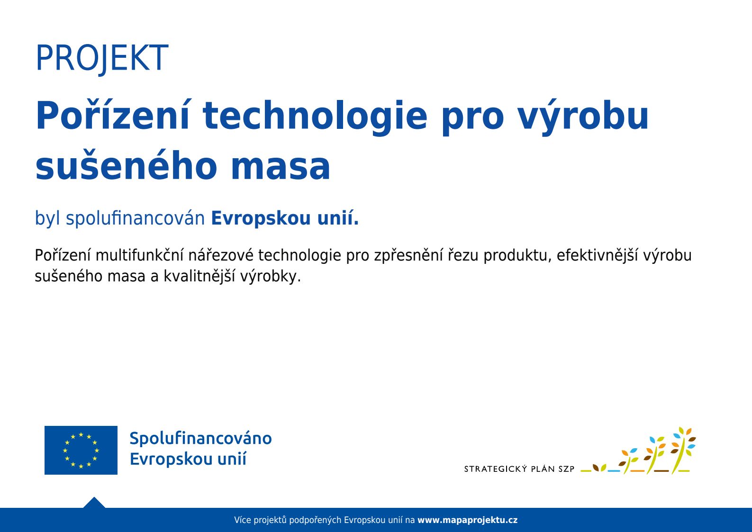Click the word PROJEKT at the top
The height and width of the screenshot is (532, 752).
[102, 58]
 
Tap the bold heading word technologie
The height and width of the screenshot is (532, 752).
[315, 116]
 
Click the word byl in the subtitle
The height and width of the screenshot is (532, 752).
[48, 218]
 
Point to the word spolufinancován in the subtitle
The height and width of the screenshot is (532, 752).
[136, 218]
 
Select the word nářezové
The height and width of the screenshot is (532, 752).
[221, 255]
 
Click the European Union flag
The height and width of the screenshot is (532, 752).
[81, 450]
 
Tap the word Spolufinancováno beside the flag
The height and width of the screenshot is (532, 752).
[201, 438]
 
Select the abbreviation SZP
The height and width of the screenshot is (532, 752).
[566, 469]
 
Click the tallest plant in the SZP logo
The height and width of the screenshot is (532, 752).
[682, 450]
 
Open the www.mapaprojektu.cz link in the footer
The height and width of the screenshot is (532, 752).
[467, 520]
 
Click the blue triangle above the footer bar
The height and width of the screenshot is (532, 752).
[94, 503]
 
